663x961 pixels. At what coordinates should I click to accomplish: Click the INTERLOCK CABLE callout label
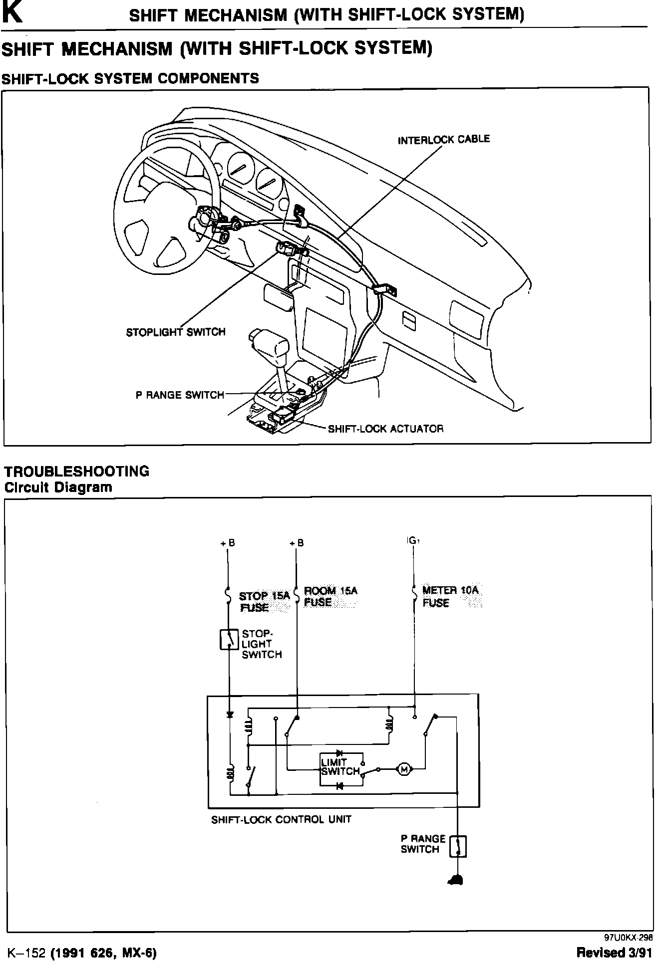pyautogui.click(x=443, y=139)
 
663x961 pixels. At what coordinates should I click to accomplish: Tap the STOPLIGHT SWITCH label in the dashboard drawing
pyautogui.click(x=176, y=332)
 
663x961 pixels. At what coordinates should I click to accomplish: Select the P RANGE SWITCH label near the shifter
pyautogui.click(x=180, y=395)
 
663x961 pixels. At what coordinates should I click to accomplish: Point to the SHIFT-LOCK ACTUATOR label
pyautogui.click(x=385, y=429)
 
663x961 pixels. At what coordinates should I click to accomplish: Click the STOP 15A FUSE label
pyautogui.click(x=264, y=601)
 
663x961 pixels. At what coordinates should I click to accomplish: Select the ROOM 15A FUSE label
pyautogui.click(x=331, y=596)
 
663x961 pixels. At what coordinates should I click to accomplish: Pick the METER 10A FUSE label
pyautogui.click(x=450, y=596)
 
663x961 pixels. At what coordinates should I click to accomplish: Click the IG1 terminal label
pyautogui.click(x=412, y=540)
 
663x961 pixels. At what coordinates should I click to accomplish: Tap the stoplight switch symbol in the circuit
pyautogui.click(x=229, y=640)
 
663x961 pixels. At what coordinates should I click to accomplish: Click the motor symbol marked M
pyautogui.click(x=404, y=769)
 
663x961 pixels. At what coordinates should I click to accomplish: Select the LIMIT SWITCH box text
pyautogui.click(x=340, y=767)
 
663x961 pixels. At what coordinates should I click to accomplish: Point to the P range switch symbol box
pyautogui.click(x=458, y=846)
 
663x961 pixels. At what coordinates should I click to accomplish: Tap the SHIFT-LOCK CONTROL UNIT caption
pyautogui.click(x=281, y=819)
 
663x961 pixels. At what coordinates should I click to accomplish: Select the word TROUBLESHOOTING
pyautogui.click(x=77, y=471)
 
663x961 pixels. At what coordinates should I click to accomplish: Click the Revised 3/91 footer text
pyautogui.click(x=614, y=952)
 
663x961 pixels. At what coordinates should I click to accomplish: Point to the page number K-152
pyautogui.click(x=24, y=953)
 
